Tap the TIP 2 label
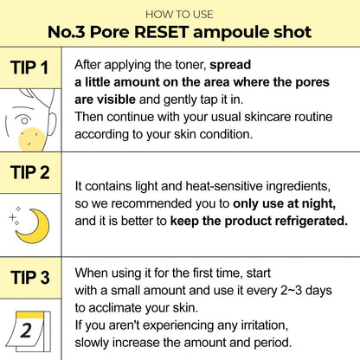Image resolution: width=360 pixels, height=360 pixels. point(31,174)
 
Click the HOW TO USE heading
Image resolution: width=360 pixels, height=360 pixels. point(179,15)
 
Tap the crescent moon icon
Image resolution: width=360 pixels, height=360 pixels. point(35,225)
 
